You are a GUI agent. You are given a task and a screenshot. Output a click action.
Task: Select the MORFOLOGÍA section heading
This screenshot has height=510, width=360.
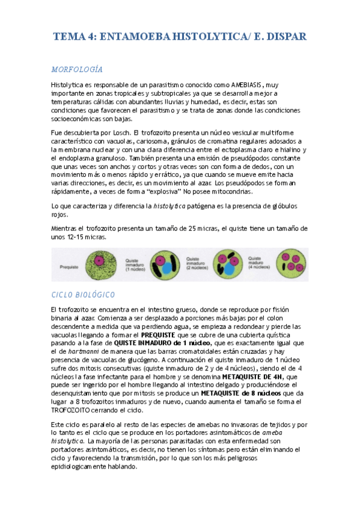[x=77, y=69]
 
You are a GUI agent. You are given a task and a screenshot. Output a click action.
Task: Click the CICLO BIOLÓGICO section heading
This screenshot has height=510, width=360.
[x=84, y=295]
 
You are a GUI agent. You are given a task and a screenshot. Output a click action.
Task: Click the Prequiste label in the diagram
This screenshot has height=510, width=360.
[x=70, y=264]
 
